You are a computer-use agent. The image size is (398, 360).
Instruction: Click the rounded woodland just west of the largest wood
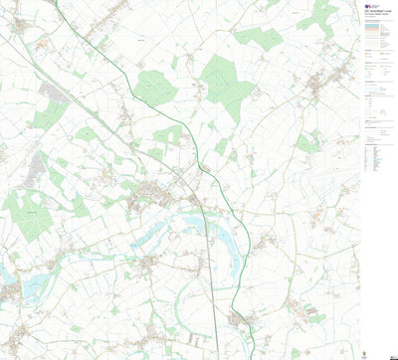tap(156, 86)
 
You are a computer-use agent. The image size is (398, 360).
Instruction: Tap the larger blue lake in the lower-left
tap(35, 286)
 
